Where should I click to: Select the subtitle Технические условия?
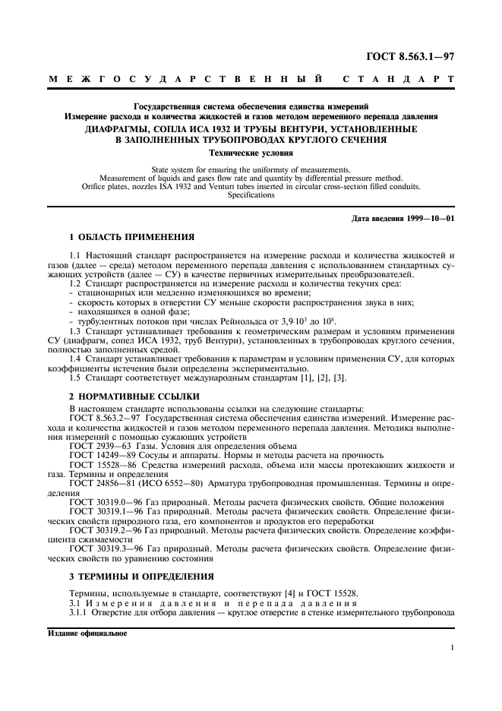[251, 152]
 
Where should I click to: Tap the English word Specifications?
[251, 195]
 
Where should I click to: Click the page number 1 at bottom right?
[452, 647]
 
